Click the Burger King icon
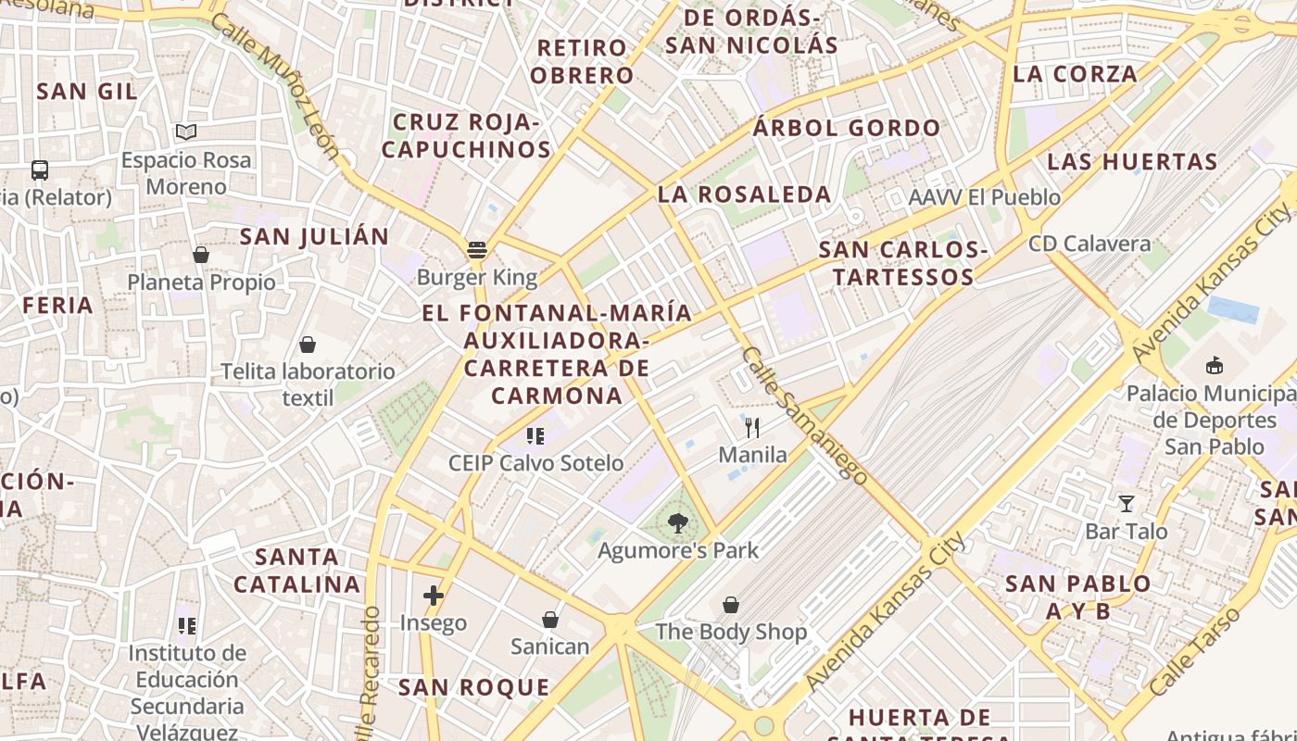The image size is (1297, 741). (477, 249)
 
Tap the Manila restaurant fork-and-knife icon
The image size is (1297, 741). (752, 427)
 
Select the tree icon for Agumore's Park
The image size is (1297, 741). (678, 523)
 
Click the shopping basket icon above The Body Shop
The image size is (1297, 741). (731, 605)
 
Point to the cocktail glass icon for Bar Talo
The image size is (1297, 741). (1127, 504)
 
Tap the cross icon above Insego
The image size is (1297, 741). (433, 596)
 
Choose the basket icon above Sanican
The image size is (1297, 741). (550, 619)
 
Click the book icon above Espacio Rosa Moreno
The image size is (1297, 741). (186, 132)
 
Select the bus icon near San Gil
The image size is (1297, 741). (40, 170)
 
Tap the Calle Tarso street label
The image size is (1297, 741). (1194, 651)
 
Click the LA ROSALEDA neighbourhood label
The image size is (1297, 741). (744, 195)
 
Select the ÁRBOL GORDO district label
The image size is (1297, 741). (846, 128)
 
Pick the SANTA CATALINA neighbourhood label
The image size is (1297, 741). (296, 571)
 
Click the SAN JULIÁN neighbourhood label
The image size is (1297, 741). (314, 236)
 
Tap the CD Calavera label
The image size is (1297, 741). (1089, 245)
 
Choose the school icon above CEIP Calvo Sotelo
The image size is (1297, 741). (535, 435)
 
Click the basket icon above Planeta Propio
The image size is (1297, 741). (201, 255)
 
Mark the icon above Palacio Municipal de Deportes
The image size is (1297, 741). (1215, 366)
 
